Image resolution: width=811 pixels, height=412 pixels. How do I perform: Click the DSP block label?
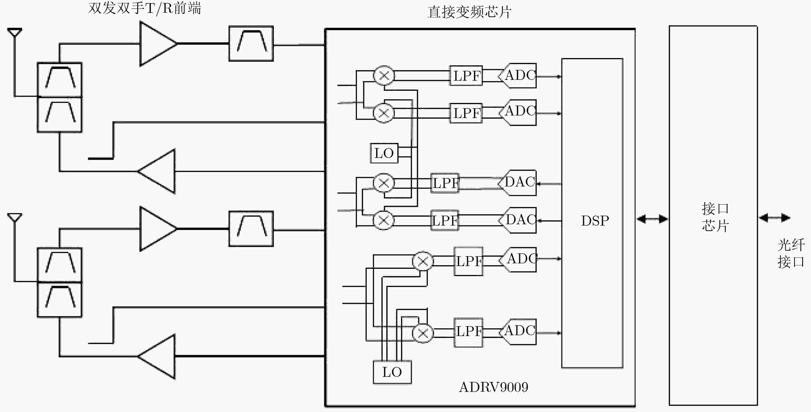tap(595, 221)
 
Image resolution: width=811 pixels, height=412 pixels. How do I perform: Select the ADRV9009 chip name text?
tap(493, 387)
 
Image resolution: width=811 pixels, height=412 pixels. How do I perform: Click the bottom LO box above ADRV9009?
tap(392, 372)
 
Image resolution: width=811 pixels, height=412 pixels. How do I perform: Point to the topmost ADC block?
tap(517, 76)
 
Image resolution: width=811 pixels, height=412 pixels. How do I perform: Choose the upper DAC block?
tap(517, 183)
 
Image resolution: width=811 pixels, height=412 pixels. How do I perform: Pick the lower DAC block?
tap(517, 220)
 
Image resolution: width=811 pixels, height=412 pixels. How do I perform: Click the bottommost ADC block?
tap(517, 332)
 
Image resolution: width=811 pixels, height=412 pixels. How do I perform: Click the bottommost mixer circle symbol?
tap(423, 333)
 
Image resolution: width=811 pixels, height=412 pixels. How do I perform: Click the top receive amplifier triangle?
tap(158, 44)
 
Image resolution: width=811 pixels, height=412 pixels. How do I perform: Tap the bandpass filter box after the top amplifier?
tap(251, 44)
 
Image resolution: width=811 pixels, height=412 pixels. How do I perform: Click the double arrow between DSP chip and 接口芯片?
tap(652, 219)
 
